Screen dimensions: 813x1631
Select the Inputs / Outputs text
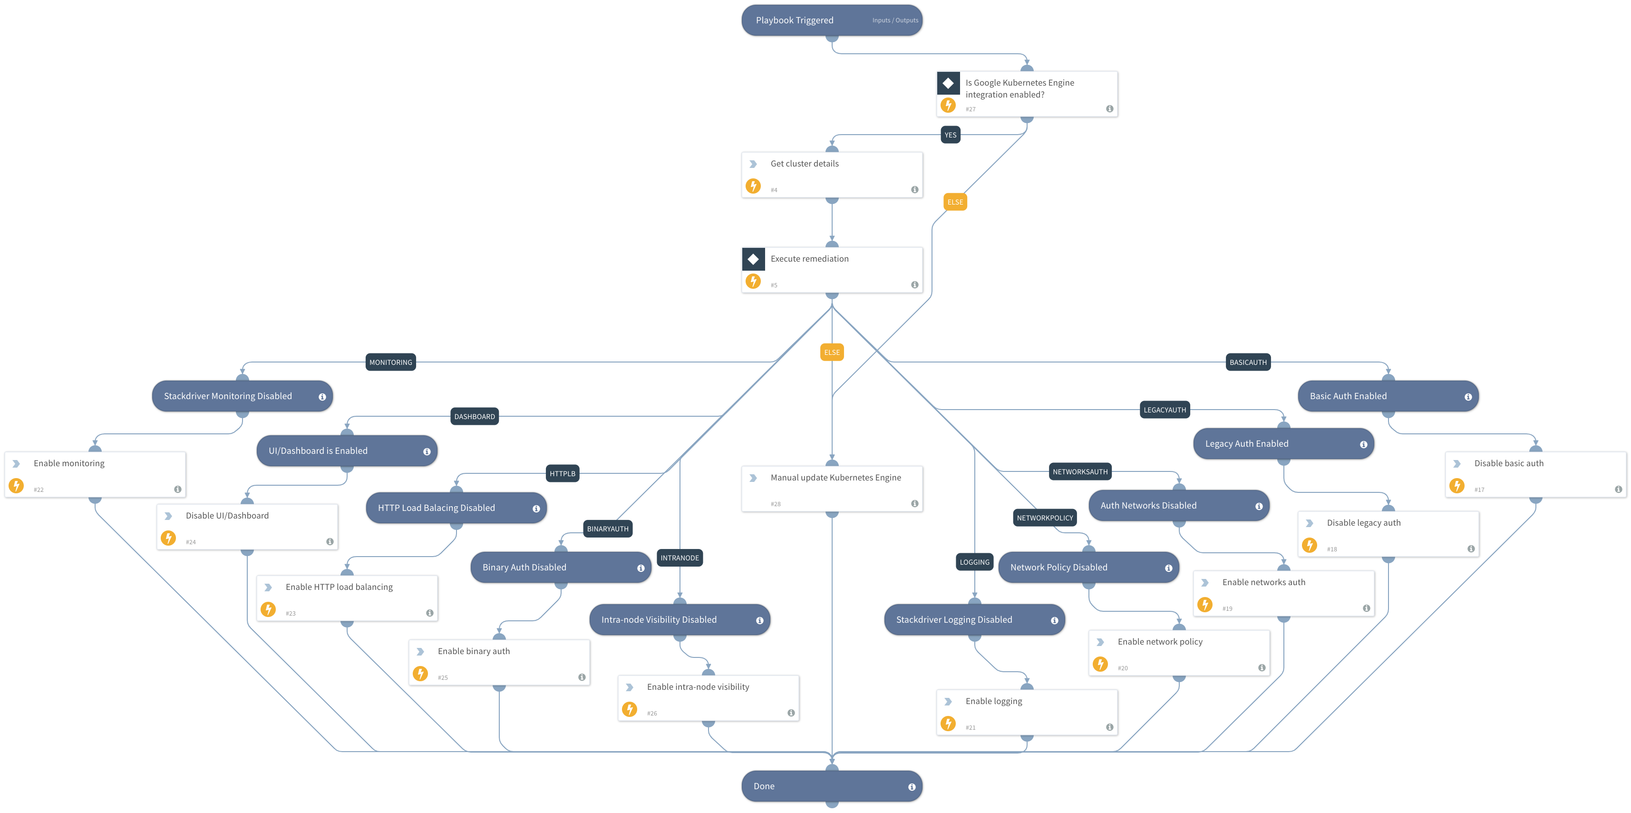[x=894, y=20]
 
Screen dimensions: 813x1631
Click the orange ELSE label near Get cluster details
[x=955, y=202]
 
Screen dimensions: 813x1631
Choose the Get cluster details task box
[x=831, y=174]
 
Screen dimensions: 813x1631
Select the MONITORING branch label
[x=391, y=362]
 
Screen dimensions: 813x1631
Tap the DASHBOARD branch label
[x=474, y=416]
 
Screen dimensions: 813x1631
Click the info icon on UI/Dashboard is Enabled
[x=427, y=452]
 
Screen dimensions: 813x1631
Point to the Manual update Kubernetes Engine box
[x=831, y=489]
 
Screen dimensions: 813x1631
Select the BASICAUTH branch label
[x=1248, y=362]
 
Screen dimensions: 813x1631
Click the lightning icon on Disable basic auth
[x=1457, y=486]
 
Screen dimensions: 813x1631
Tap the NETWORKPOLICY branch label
[x=1045, y=518]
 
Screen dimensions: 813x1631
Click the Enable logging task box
[x=1026, y=712]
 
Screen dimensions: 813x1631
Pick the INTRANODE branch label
[x=680, y=558]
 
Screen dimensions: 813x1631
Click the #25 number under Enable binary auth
[x=443, y=678]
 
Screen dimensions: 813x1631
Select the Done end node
[x=831, y=786]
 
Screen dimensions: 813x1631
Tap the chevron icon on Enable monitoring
[x=17, y=464]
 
